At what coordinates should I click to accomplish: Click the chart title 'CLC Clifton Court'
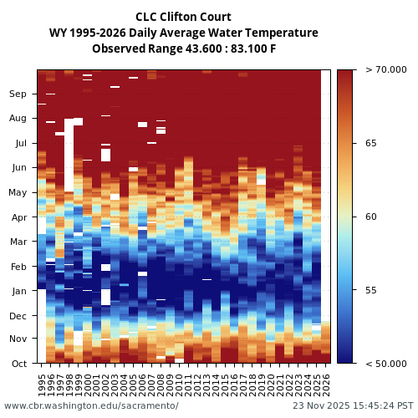click(x=183, y=17)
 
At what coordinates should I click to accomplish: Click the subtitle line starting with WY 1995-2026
click(x=183, y=33)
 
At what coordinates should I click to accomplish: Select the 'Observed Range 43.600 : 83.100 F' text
click(x=183, y=48)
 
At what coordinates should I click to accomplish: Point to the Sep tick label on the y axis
click(x=18, y=94)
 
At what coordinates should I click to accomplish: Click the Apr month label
click(x=18, y=217)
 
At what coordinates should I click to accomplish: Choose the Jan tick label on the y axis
click(x=18, y=291)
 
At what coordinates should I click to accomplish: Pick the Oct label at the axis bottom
click(x=18, y=364)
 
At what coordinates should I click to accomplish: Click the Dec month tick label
click(x=18, y=316)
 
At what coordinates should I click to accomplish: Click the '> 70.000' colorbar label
click(x=386, y=69)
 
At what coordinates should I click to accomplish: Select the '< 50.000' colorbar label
click(x=386, y=364)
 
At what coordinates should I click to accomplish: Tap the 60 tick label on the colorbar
click(x=370, y=217)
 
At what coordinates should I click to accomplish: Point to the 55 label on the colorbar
click(x=370, y=290)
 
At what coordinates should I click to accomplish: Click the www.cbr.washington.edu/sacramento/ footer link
click(x=91, y=405)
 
